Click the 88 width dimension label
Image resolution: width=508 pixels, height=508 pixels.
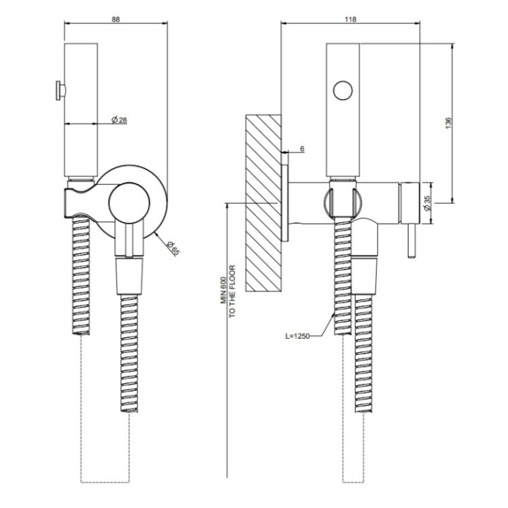point(116,19)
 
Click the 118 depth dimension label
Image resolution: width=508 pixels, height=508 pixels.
point(349,19)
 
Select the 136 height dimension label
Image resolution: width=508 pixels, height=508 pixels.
point(449,122)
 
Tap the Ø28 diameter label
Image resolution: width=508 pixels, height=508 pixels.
point(119,121)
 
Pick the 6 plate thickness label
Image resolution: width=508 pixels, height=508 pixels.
point(302,149)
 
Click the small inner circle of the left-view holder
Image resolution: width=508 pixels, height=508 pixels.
point(130,202)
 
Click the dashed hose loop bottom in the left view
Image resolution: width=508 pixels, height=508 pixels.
point(106,482)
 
